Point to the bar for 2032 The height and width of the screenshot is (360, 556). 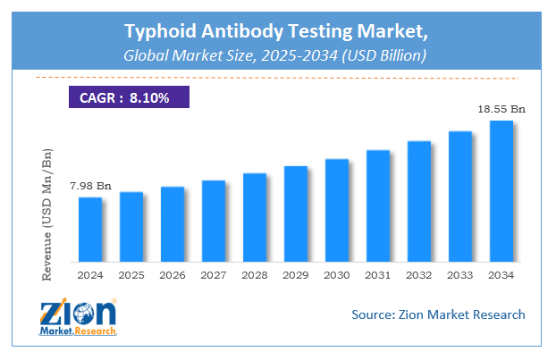tap(418, 200)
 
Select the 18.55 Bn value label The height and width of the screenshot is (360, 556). tap(501, 109)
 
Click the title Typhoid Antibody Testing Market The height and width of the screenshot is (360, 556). tap(278, 34)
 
